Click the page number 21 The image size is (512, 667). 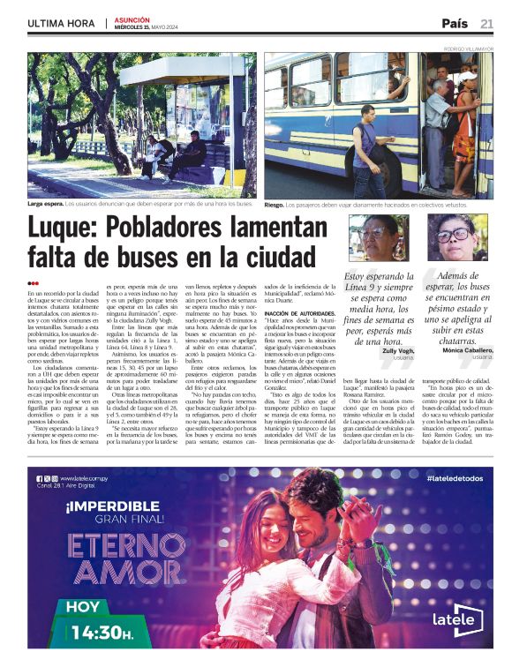point(486,23)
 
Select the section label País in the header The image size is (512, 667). point(455,23)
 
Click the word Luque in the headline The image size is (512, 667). point(67,229)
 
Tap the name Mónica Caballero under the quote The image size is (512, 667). point(467,351)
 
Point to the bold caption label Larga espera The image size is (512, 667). point(45,204)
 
